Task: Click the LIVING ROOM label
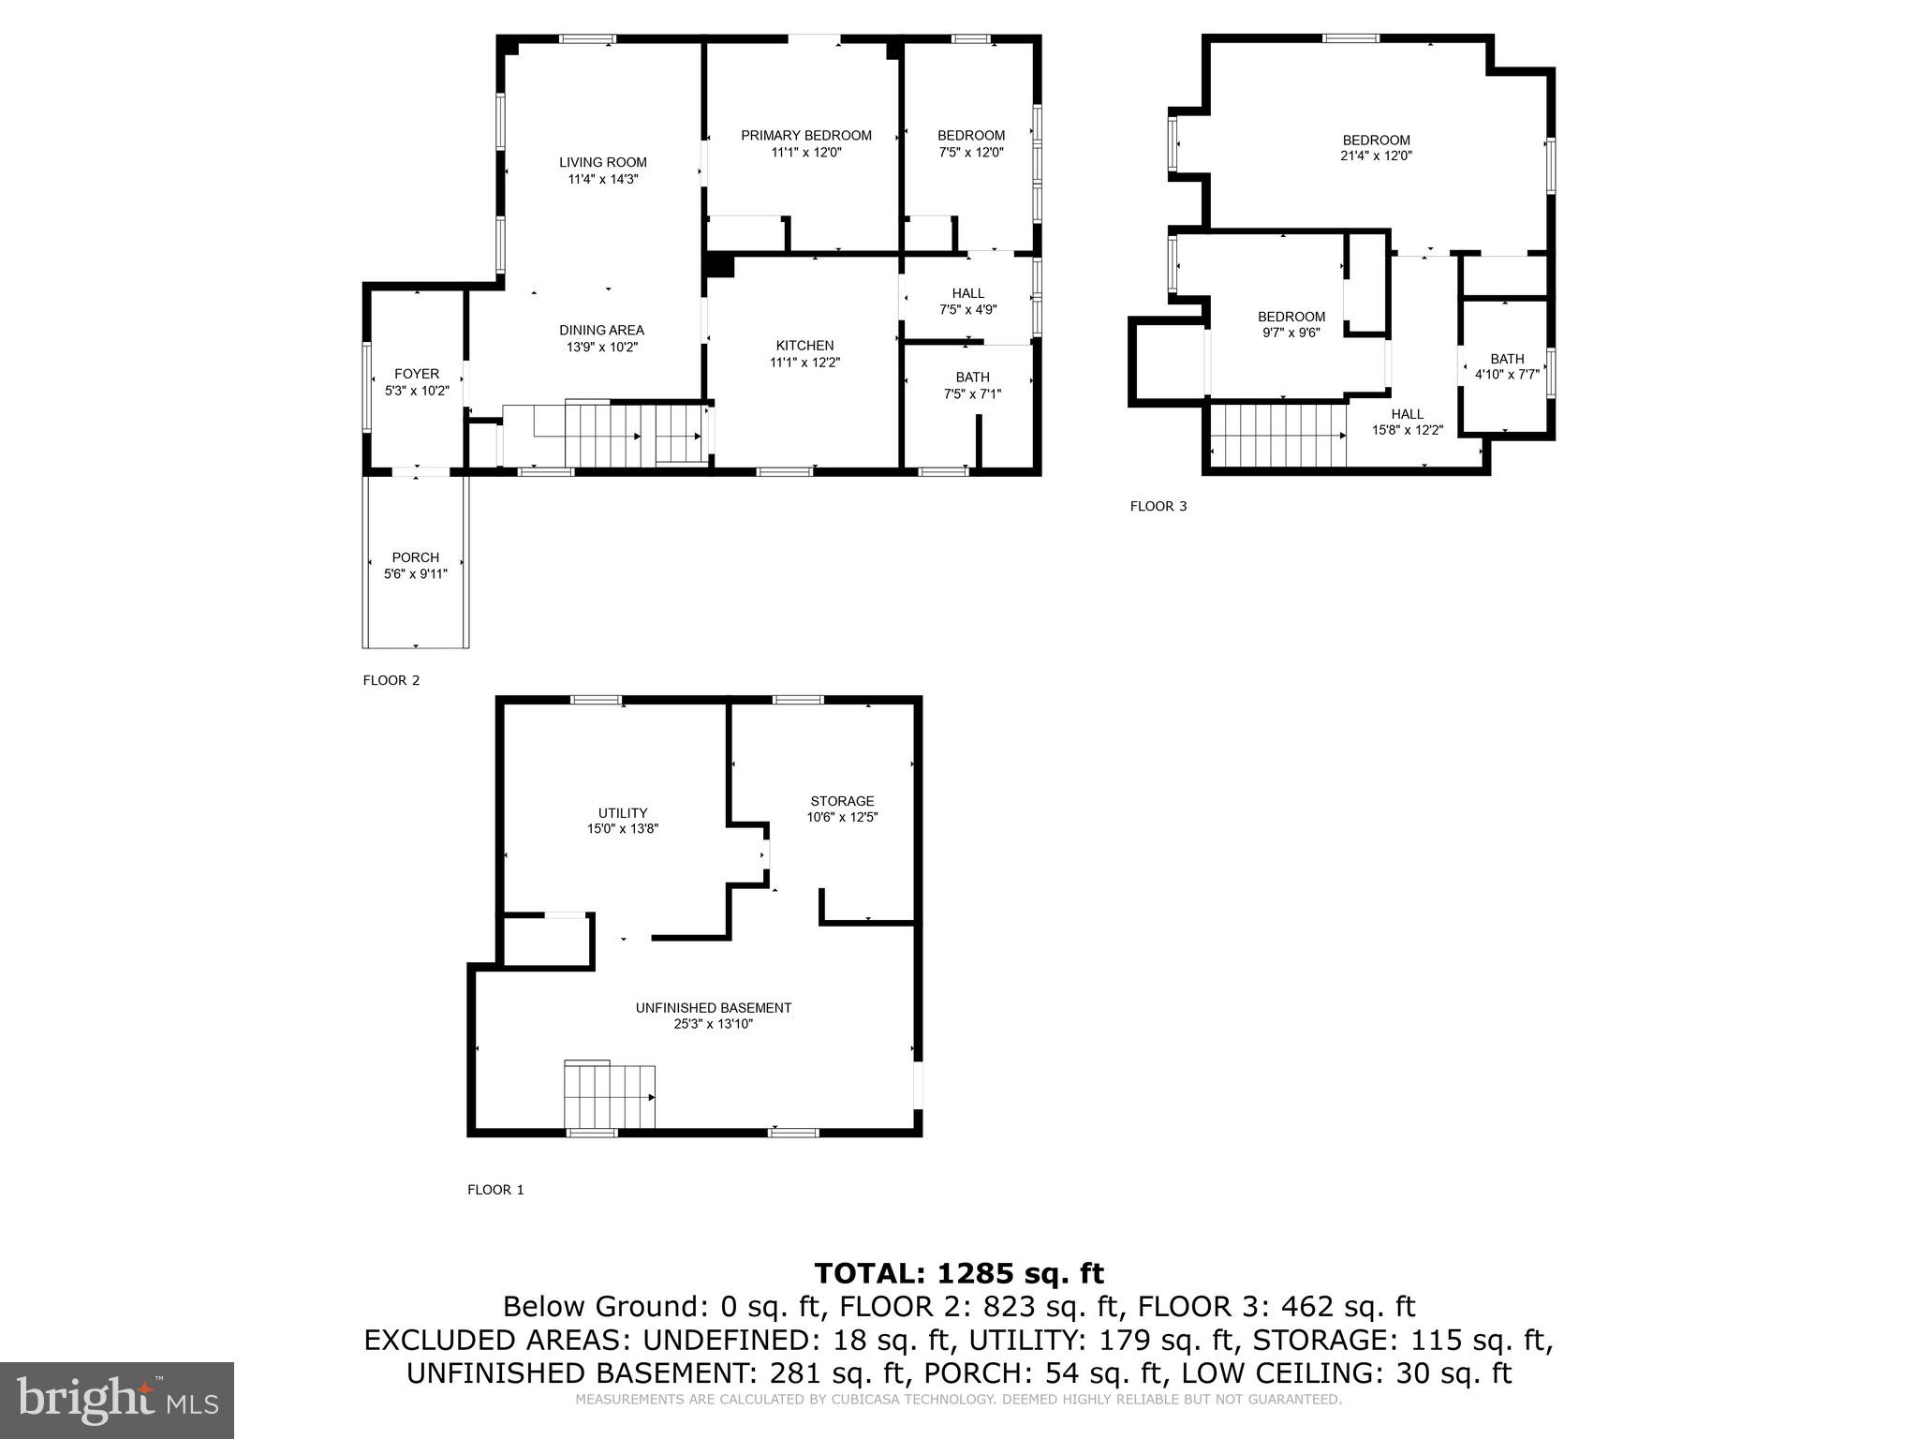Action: tap(603, 162)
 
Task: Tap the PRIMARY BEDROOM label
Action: tap(805, 136)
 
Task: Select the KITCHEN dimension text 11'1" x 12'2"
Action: tap(804, 363)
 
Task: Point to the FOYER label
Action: tap(417, 374)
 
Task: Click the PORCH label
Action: tap(416, 557)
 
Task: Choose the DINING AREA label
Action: tap(601, 330)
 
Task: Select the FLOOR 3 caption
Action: tap(1158, 507)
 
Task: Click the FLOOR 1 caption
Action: tap(495, 1190)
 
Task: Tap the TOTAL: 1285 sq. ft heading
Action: tap(959, 1273)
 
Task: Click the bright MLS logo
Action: tap(117, 1400)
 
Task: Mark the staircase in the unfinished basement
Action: tap(609, 1096)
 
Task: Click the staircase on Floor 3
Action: tap(1278, 435)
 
